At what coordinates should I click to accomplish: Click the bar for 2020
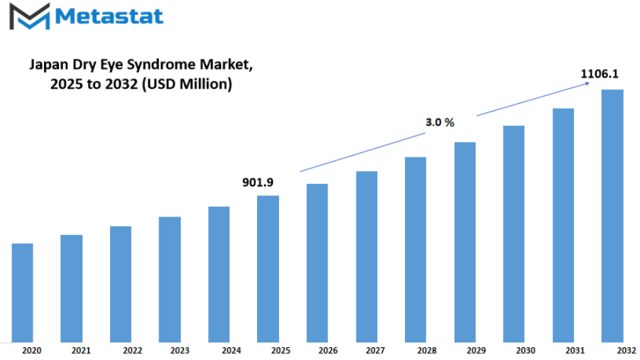23,293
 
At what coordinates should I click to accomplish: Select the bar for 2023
170,279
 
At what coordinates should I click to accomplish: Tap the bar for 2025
269,268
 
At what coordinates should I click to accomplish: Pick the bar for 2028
416,249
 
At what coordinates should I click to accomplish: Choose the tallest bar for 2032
612,216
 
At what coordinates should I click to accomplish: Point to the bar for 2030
514,234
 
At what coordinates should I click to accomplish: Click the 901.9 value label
258,182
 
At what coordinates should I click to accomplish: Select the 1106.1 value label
600,74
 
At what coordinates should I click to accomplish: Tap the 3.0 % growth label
440,122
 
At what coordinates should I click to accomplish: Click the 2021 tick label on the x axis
81,351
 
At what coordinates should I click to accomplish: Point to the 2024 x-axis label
232,351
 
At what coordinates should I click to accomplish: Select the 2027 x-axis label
376,351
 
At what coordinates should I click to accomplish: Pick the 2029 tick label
477,351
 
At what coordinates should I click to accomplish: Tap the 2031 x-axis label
575,351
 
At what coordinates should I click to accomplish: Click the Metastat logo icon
30,16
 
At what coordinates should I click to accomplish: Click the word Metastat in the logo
109,16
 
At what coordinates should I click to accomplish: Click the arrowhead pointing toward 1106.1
587,83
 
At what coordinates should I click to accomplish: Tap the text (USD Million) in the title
187,84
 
